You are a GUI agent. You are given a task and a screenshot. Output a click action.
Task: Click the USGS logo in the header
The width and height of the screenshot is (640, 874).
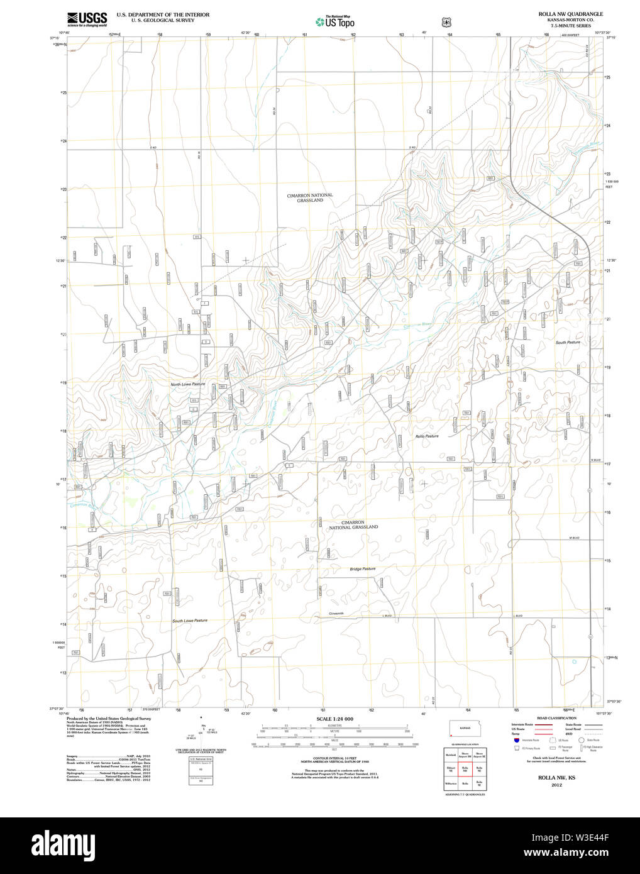(x=87, y=19)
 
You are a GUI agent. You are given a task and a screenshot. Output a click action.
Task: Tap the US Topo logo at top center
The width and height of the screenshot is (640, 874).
(x=335, y=21)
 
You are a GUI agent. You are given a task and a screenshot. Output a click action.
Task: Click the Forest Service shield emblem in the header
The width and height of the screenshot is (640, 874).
(x=446, y=22)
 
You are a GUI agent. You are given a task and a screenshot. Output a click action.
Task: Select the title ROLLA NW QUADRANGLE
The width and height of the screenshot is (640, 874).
(x=570, y=14)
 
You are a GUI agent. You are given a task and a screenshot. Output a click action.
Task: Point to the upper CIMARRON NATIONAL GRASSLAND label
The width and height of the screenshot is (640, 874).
(x=310, y=198)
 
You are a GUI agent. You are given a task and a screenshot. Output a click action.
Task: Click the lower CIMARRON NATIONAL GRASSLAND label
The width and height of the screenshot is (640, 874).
(x=353, y=525)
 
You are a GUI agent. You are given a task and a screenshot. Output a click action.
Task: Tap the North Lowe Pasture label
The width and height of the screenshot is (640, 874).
(x=188, y=384)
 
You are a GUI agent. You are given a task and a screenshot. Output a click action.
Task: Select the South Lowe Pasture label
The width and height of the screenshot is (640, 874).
(x=190, y=621)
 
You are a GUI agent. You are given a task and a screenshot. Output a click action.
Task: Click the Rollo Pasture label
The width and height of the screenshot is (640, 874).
(x=427, y=436)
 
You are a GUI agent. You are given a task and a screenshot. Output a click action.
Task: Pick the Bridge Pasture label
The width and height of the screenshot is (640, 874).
(x=363, y=569)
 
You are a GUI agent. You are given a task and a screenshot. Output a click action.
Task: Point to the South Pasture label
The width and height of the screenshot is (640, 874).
(x=568, y=343)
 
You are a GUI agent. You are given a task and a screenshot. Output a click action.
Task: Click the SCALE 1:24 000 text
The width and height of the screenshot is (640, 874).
(x=334, y=719)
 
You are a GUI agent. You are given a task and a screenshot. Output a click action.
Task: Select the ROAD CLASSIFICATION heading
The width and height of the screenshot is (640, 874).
(x=556, y=718)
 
